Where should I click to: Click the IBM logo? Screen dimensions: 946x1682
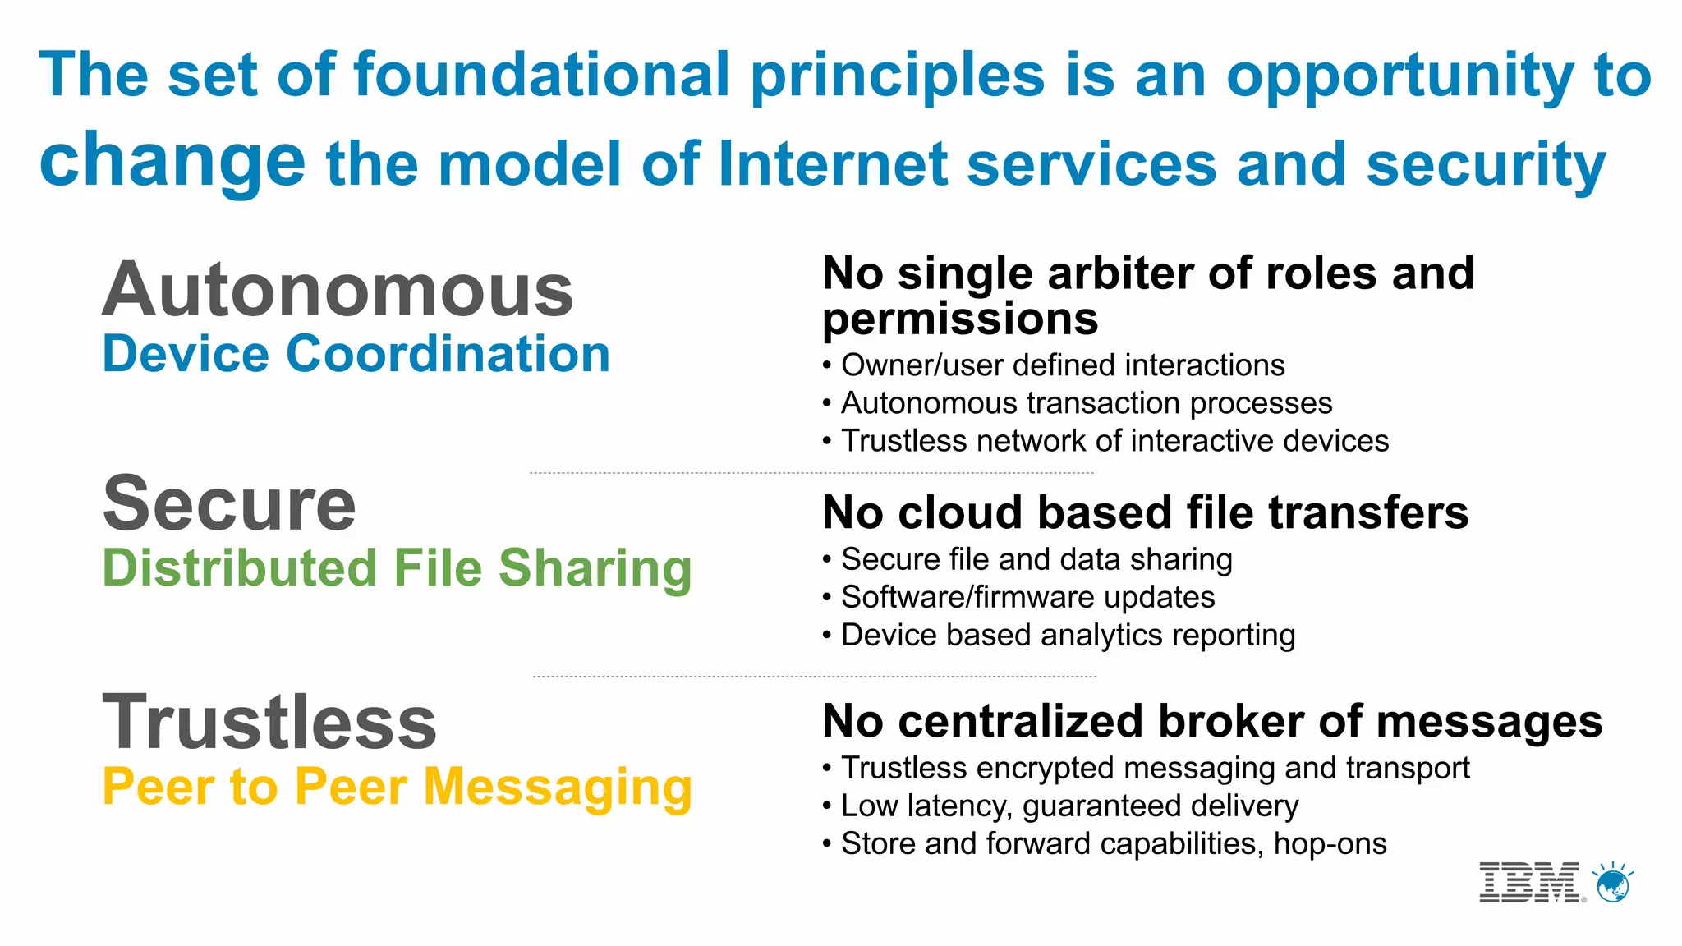pyautogui.click(x=1529, y=882)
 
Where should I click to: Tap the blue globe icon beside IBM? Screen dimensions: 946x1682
pyautogui.click(x=1613, y=884)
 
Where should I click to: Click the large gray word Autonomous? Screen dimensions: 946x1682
pyautogui.click(x=338, y=290)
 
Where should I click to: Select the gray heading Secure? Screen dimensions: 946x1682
pyautogui.click(x=229, y=503)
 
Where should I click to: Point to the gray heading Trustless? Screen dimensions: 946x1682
pyautogui.click(x=269, y=722)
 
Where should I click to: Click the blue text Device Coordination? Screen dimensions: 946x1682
pyautogui.click(x=356, y=354)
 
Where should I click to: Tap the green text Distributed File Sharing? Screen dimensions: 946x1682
pyautogui.click(x=397, y=568)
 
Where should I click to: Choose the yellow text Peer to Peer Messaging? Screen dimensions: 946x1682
pyautogui.click(x=397, y=787)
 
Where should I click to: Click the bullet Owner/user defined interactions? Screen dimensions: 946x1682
pyautogui.click(x=1062, y=365)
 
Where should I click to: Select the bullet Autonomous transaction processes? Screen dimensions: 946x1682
pyautogui.click(x=1086, y=403)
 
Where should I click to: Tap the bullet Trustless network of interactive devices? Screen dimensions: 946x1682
pyautogui.click(x=1114, y=441)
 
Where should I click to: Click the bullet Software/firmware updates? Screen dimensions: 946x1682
pyautogui.click(x=1027, y=597)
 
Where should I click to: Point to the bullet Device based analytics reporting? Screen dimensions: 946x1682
pyautogui.click(x=1068, y=635)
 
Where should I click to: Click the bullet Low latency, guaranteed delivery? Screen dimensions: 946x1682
pyautogui.click(x=1069, y=806)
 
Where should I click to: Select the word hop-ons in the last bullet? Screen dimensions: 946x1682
pyautogui.click(x=1330, y=843)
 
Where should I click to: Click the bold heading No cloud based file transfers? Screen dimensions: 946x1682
pyautogui.click(x=1145, y=512)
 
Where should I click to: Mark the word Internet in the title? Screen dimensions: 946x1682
pyautogui.click(x=833, y=163)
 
